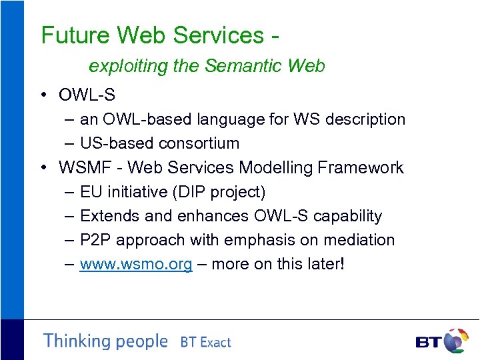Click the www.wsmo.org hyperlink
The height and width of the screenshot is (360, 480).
pyautogui.click(x=136, y=264)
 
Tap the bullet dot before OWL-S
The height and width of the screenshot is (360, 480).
pyautogui.click(x=43, y=95)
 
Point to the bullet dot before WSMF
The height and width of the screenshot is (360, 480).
pyautogui.click(x=43, y=167)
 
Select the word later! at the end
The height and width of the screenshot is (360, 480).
pyautogui.click(x=325, y=264)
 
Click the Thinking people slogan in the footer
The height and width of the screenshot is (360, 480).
pyautogui.click(x=105, y=341)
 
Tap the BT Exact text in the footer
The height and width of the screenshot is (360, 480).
pyautogui.click(x=205, y=343)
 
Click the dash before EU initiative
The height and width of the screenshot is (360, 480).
pyautogui.click(x=70, y=192)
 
